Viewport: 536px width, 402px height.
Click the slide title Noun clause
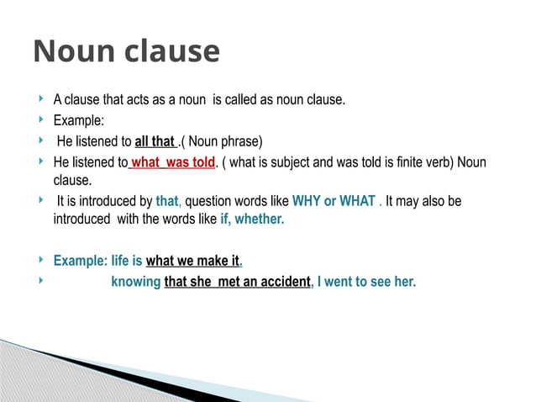126,52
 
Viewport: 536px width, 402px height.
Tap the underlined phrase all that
155,140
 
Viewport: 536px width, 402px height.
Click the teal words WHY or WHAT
334,202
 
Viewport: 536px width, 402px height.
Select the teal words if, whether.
252,220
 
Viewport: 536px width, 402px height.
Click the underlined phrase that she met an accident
237,282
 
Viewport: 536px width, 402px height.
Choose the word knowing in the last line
135,282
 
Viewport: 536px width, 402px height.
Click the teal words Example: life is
97,261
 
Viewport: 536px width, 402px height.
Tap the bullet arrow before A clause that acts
42,99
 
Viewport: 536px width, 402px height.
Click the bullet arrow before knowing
42,281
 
